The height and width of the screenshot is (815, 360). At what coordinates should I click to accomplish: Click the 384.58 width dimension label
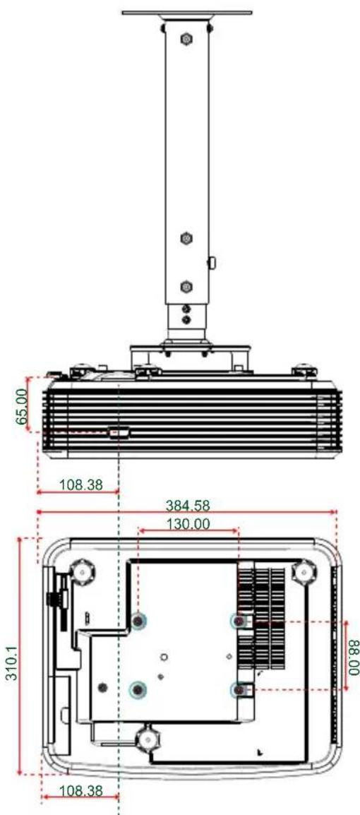(x=188, y=506)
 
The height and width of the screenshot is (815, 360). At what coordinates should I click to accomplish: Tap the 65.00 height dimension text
(x=23, y=403)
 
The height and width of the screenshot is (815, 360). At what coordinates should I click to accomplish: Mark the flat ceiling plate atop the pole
(x=186, y=13)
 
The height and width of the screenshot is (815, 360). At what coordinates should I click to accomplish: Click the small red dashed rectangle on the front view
(x=118, y=432)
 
